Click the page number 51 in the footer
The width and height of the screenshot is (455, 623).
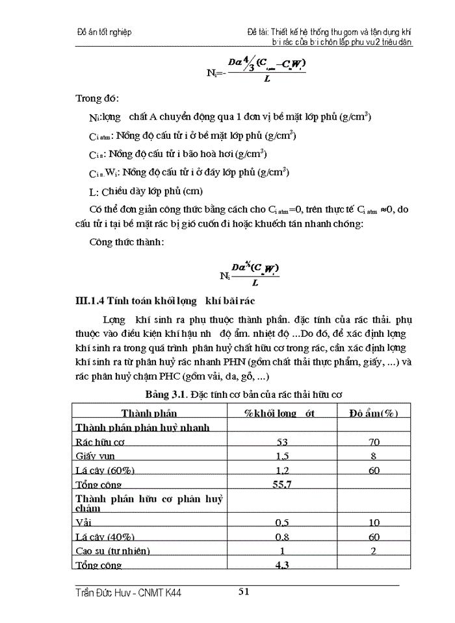pyautogui.click(x=244, y=591)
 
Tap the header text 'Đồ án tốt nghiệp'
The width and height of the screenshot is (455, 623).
pyautogui.click(x=104, y=32)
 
